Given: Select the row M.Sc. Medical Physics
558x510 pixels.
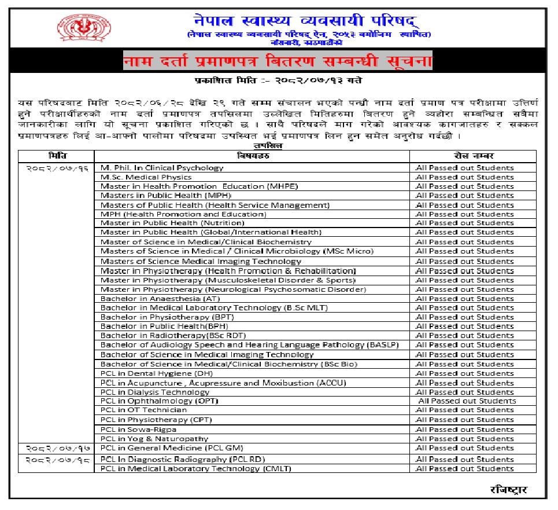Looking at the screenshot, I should click(x=146, y=177).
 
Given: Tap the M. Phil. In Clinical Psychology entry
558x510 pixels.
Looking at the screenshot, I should click(x=162, y=168).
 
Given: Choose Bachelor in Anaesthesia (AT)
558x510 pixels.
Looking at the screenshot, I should click(x=152, y=299).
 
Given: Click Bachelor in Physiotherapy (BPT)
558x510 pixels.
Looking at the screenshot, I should click(x=155, y=317).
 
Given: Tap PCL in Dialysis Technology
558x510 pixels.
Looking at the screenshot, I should click(x=155, y=392).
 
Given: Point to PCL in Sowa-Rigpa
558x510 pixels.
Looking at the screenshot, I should click(x=138, y=430).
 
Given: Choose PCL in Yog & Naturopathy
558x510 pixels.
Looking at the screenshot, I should click(x=154, y=439).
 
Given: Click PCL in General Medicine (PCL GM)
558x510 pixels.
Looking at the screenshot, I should click(x=172, y=447).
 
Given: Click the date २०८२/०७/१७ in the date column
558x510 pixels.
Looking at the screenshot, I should click(x=56, y=448).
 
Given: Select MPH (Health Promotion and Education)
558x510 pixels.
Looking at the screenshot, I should click(x=183, y=214).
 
